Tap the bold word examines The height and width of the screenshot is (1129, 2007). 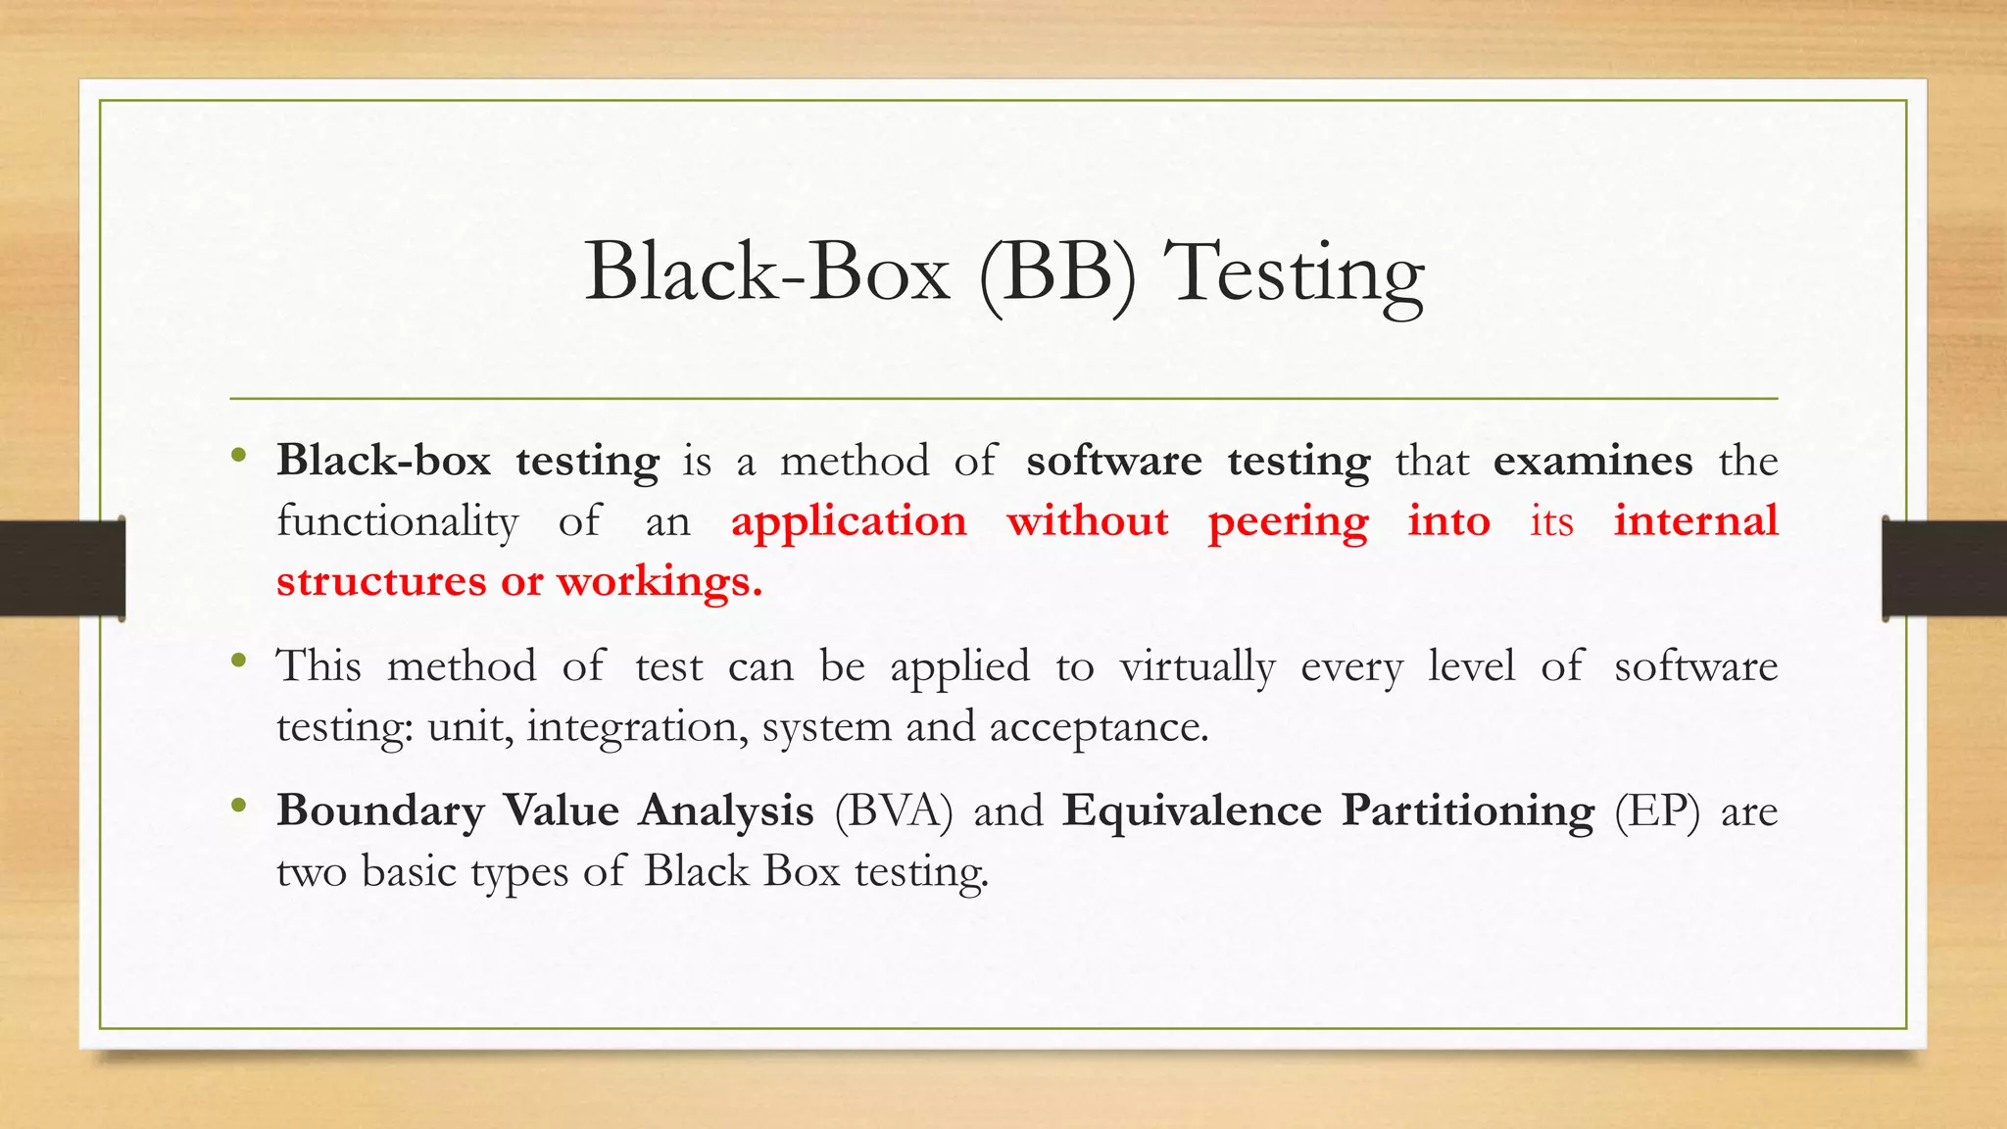pyautogui.click(x=1592, y=461)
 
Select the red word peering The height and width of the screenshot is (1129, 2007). pyautogui.click(x=1288, y=521)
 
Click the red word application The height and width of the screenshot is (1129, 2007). pyautogui.click(x=849, y=521)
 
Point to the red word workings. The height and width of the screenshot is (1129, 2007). pyautogui.click(x=659, y=582)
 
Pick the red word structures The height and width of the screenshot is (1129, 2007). pyautogui.click(x=382, y=581)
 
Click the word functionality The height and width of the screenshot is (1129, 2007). pyautogui.click(x=397, y=521)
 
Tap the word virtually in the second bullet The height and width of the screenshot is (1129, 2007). pyautogui.click(x=1198, y=667)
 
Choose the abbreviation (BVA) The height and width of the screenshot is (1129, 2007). pyautogui.click(x=893, y=811)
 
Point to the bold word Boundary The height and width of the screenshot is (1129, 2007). pyautogui.click(x=380, y=811)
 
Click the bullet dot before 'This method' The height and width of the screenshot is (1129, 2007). pyautogui.click(x=238, y=661)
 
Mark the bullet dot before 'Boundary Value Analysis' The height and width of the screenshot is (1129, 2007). pyautogui.click(x=238, y=806)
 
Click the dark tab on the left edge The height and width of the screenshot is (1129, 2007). pyautogui.click(x=62, y=568)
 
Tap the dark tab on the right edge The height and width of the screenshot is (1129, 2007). pyautogui.click(x=1944, y=568)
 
